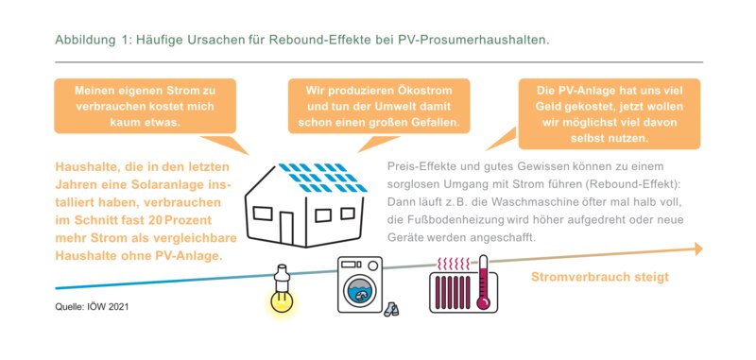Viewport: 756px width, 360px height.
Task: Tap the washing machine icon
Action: click(x=360, y=284)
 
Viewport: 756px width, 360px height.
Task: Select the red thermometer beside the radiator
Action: click(x=482, y=283)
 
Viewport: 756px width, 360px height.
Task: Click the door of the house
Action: click(x=286, y=226)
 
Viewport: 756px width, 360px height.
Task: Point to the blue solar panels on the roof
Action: click(x=322, y=178)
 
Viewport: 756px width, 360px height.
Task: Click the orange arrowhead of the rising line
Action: click(x=698, y=249)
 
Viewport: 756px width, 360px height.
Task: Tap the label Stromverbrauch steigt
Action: click(x=600, y=277)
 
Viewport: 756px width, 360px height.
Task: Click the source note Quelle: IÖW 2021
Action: click(x=92, y=306)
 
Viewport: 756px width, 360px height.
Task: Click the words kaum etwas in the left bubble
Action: click(x=145, y=123)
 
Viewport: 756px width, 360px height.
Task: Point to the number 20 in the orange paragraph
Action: click(x=155, y=220)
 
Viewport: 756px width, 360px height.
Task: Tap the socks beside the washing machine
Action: click(x=391, y=309)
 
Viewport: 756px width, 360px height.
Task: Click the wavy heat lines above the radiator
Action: click(x=454, y=265)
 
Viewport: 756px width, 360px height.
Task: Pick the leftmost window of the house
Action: click(x=263, y=213)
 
